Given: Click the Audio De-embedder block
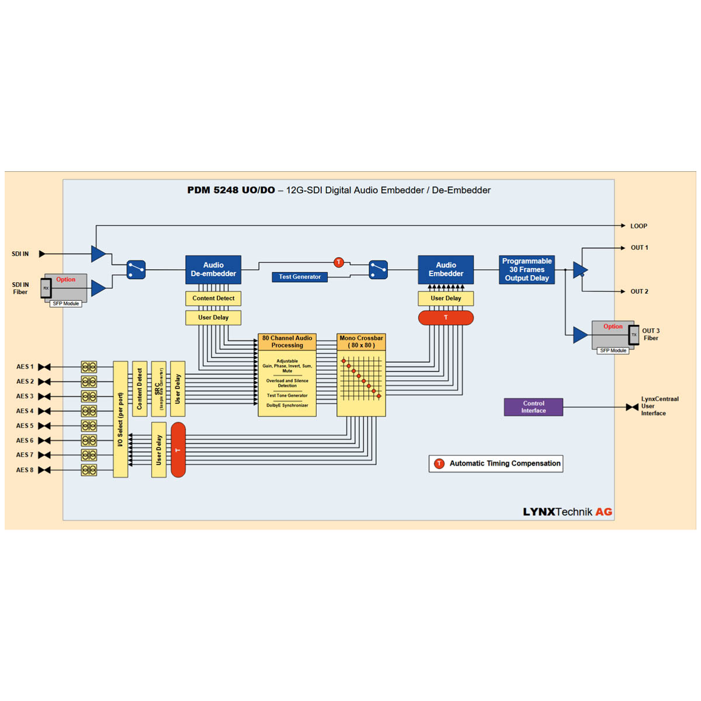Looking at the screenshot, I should pos(213,269).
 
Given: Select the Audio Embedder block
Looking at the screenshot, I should pos(446,269).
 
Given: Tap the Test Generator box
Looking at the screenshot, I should pos(299,277).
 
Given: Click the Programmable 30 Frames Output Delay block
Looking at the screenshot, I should pos(527,270).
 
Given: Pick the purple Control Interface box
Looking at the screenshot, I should pos(533,407).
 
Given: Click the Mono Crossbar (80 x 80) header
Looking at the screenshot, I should pos(361,342).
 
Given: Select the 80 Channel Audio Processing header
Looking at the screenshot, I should pos(287,342).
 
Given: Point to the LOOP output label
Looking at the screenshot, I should pos(638,226).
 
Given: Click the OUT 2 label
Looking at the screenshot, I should pos(639,291).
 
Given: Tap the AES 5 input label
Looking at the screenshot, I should pos(25,426).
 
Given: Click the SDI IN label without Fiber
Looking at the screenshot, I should pos(20,254).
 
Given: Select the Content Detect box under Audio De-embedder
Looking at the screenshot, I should pos(213,299).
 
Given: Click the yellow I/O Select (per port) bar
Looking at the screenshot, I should pos(120,419).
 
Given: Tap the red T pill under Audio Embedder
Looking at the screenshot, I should pos(446,318).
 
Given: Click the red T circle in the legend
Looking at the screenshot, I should pos(439,464).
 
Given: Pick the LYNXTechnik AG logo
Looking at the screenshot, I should pos(567,512).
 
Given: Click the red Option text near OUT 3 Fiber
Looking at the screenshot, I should pos(613,327).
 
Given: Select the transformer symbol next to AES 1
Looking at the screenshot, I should pos(89,367).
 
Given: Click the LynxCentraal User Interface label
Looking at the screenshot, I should pos(660,406).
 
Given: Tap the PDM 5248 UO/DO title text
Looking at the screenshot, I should pos(231,190).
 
